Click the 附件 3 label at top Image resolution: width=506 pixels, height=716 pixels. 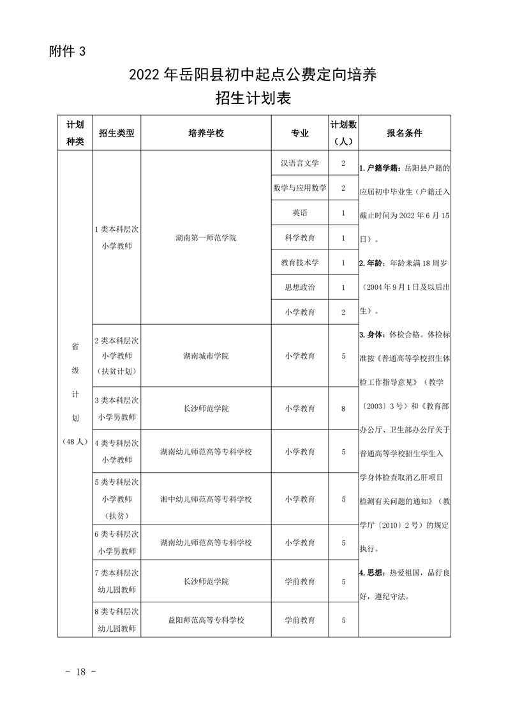(67, 52)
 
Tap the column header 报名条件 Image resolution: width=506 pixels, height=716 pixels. (405, 133)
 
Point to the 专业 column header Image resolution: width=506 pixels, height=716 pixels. (300, 133)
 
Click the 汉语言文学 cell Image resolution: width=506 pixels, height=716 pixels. (300, 163)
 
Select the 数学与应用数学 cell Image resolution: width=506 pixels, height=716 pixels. (300, 188)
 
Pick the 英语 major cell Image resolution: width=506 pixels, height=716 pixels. (300, 213)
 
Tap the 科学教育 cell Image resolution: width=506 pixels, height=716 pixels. (300, 237)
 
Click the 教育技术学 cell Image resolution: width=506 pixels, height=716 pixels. (300, 262)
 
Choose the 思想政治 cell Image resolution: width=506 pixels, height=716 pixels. (300, 287)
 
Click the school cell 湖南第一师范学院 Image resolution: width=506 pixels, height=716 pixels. (206, 237)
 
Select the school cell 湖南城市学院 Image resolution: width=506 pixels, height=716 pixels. (206, 355)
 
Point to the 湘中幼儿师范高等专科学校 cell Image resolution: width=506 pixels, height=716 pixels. (206, 499)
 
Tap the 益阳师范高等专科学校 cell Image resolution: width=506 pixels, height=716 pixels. (206, 620)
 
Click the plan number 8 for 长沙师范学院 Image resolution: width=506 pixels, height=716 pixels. (343, 408)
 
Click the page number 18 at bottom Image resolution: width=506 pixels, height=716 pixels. (80, 672)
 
